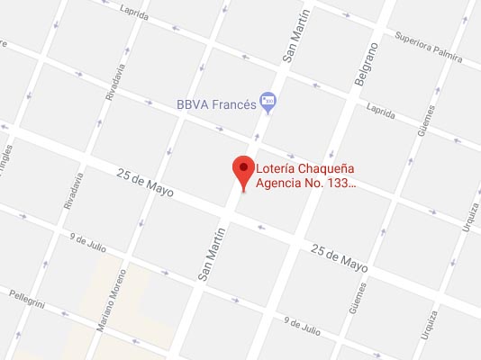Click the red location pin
[242, 169]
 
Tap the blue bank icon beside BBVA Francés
[267, 100]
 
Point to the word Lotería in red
[278, 167]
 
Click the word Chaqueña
[332, 167]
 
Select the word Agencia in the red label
[283, 184]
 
